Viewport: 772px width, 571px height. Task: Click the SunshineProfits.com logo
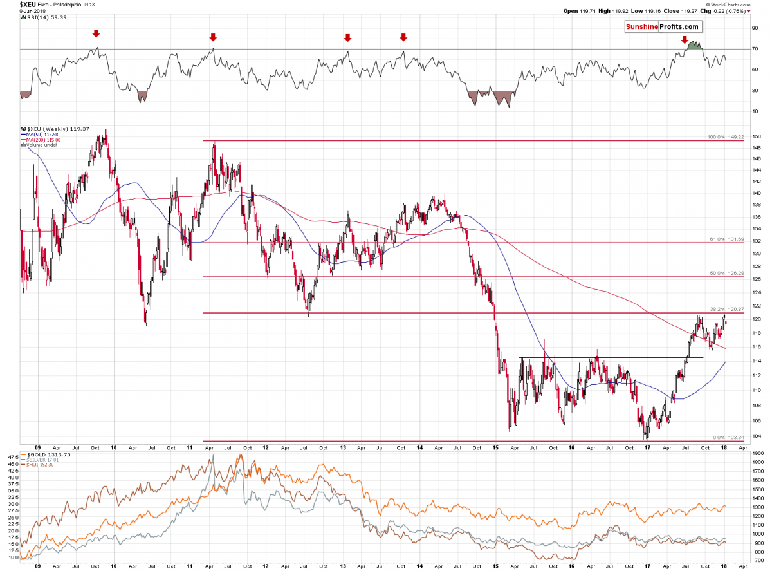(x=662, y=27)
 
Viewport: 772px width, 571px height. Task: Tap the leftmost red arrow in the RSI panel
(x=96, y=33)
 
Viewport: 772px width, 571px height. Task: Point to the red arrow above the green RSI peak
(x=685, y=40)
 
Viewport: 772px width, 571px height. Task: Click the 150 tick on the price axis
(x=757, y=137)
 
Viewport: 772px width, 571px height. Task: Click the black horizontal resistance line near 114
(x=611, y=357)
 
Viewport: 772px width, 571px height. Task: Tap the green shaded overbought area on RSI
(x=694, y=46)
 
